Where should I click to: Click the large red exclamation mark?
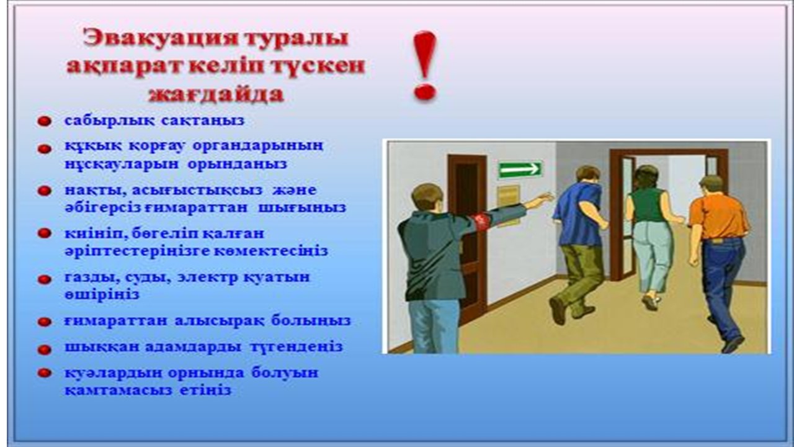click(x=425, y=66)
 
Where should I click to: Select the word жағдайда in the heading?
click(x=216, y=94)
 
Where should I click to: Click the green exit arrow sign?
click(x=520, y=169)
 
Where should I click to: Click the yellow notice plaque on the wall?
click(x=508, y=205)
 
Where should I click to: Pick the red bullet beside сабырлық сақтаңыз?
click(x=44, y=121)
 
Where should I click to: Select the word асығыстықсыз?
click(x=197, y=191)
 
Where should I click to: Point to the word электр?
click(x=207, y=277)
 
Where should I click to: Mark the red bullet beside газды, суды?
click(x=44, y=279)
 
